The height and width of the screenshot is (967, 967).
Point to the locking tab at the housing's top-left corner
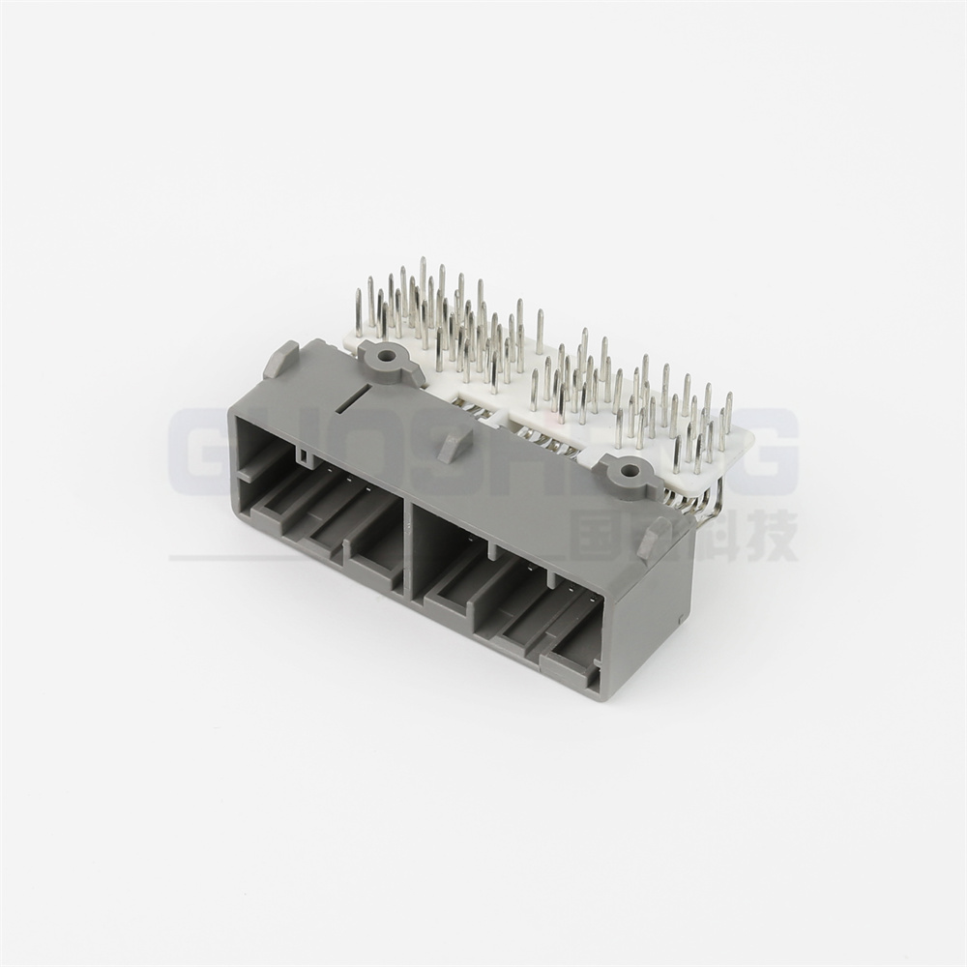tap(280, 359)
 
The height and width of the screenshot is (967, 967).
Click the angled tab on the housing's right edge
tap(655, 538)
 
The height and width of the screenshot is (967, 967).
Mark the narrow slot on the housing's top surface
tap(355, 394)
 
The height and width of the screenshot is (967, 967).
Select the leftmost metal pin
tap(359, 311)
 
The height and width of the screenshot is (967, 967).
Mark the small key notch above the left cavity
tap(304, 454)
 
